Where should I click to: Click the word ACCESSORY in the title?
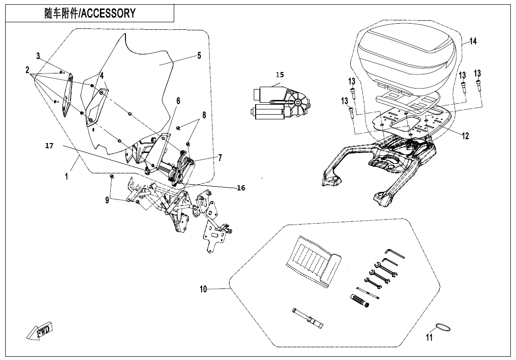[x=108, y=13]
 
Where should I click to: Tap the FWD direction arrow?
[x=41, y=330]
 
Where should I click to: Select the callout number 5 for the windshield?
[x=199, y=56]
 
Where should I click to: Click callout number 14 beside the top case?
[x=473, y=41]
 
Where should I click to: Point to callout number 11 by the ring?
[x=429, y=337]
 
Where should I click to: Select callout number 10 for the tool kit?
[x=204, y=289]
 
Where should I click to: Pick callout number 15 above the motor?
[x=280, y=75]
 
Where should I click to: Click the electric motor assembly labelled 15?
[x=281, y=102]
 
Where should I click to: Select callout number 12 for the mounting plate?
[x=465, y=135]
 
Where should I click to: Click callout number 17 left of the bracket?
[x=49, y=145]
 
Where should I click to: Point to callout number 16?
[x=241, y=188]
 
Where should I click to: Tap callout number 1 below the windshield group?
[x=66, y=177]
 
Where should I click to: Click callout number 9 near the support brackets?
[x=107, y=200]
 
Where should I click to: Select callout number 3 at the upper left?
[x=38, y=56]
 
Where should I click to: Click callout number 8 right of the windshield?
[x=205, y=115]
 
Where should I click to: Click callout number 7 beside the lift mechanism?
[x=220, y=157]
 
